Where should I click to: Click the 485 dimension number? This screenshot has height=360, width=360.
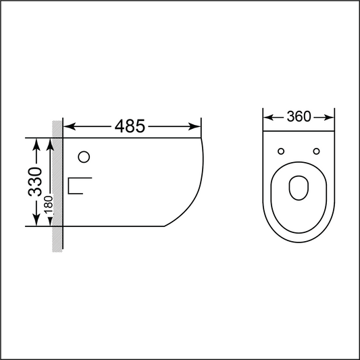(130, 126)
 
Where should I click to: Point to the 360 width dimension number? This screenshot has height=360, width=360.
(299, 117)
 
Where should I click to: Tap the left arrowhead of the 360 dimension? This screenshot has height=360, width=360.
(267, 118)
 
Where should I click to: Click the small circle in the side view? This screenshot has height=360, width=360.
(84, 157)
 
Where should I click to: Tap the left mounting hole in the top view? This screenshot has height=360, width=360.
(282, 151)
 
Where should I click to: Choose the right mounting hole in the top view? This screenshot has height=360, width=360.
(315, 151)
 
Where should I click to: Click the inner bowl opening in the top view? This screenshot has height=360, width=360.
(299, 188)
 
